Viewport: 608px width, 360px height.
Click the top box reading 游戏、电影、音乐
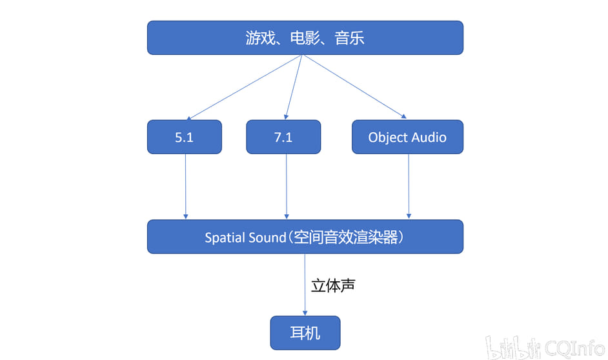[305, 37]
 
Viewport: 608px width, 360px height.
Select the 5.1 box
[185, 137]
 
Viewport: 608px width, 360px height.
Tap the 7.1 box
[283, 137]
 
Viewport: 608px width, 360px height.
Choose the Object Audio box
[407, 137]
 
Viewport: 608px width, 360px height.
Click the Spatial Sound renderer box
[305, 237]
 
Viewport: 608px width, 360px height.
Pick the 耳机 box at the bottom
[305, 333]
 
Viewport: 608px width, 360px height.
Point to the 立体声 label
[333, 286]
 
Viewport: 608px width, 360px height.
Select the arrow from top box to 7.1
[294, 87]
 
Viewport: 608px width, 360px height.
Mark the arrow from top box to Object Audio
[355, 86]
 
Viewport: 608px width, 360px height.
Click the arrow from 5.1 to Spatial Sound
[185, 187]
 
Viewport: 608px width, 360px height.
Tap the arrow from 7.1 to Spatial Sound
[287, 187]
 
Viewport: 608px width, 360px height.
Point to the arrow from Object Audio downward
[409, 187]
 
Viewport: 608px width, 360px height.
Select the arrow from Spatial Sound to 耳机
[305, 285]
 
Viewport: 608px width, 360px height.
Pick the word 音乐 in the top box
[349, 38]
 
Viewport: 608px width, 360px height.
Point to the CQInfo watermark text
[574, 348]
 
